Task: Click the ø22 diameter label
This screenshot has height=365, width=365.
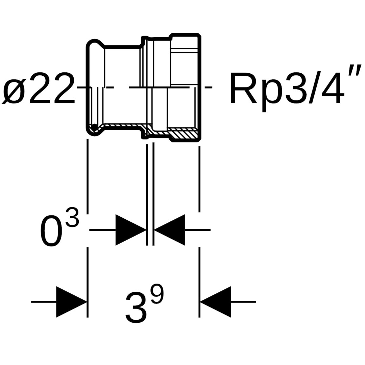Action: coord(39,88)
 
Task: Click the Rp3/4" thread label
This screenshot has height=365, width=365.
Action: coord(287,89)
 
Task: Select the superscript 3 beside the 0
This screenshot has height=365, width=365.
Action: coord(72,218)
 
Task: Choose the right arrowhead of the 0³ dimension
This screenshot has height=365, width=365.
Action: coord(170,230)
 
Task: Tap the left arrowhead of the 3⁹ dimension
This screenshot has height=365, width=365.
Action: coord(71,302)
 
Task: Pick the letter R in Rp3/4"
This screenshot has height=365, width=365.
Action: coord(242,89)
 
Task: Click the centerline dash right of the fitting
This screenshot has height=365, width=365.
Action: coord(208,88)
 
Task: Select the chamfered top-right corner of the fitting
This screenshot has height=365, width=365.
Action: coord(199,35)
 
